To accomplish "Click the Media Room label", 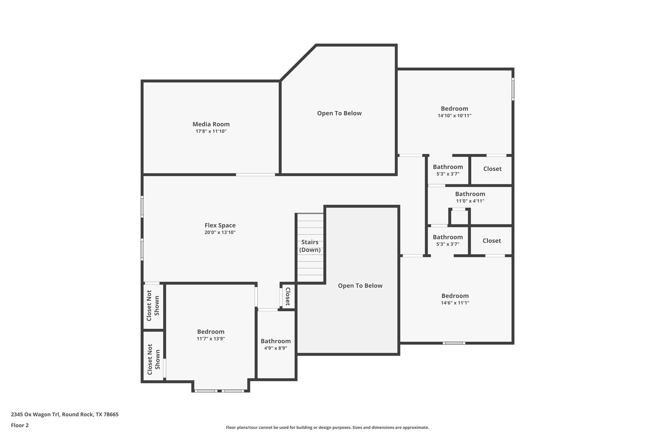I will pos(211,124).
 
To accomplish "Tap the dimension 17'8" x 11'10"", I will pos(211,131).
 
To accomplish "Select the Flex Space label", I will pos(220,226).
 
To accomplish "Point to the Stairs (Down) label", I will pos(310,246).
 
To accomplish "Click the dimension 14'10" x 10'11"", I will pos(454,116).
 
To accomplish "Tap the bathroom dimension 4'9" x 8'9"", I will pos(275,348).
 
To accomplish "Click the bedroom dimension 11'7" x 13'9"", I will pos(211,339).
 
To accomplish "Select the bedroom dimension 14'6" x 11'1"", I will pos(455,303).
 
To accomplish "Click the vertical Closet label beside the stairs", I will pos(288,296).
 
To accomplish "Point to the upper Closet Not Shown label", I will pos(153,306).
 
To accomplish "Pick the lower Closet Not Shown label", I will pos(154,359).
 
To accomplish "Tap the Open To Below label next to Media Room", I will pos(339,113).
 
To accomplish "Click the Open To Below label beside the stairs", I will pos(360,286).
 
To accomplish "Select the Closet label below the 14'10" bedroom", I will pos(492,169).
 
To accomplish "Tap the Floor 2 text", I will pos(20,425).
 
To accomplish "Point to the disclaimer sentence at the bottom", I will pos(327,427).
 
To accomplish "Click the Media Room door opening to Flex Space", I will pos(255,175).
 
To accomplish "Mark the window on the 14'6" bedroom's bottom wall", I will pos(454,343).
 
